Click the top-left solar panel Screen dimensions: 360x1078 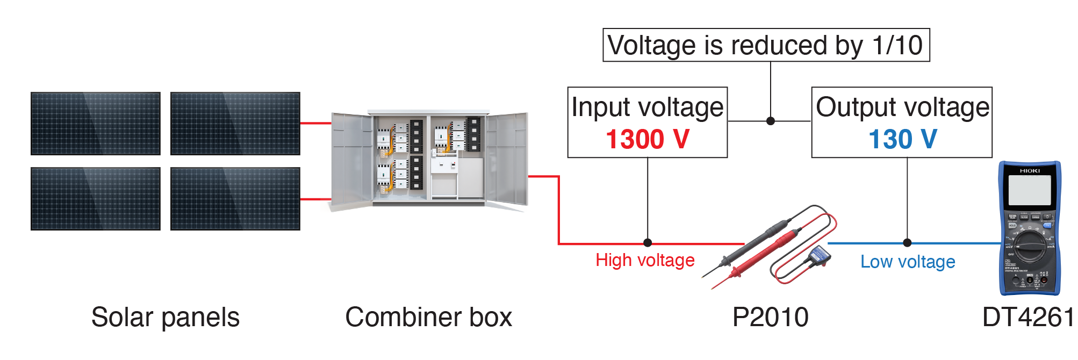[96, 124]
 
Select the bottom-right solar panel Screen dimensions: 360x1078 [235, 199]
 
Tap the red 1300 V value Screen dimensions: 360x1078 [647, 139]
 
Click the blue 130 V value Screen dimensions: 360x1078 [903, 139]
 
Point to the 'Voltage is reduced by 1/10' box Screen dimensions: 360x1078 [766, 45]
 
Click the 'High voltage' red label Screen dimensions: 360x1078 [645, 260]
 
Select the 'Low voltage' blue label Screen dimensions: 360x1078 [908, 262]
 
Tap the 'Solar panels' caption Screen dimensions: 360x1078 [165, 317]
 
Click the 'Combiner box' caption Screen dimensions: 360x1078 [428, 317]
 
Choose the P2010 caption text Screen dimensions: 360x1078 [770, 317]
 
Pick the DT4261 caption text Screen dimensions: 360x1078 [1027, 317]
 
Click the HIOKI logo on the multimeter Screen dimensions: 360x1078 [1030, 171]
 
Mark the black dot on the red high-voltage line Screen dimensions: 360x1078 [648, 243]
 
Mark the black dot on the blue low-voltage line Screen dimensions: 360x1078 [907, 243]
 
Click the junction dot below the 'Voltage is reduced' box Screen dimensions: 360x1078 [771, 121]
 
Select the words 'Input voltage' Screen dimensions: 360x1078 [647, 107]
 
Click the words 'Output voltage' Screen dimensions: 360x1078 [902, 107]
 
